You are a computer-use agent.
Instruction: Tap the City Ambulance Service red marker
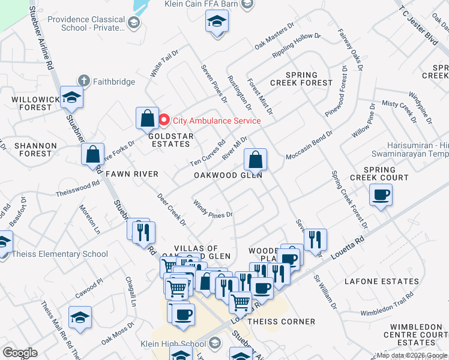165,121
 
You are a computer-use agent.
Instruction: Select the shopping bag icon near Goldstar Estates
147,119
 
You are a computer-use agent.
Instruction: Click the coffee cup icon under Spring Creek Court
381,195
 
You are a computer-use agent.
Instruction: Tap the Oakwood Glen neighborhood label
228,175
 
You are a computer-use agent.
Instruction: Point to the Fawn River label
131,174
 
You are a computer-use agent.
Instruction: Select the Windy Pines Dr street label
212,210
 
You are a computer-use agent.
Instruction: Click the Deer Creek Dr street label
172,209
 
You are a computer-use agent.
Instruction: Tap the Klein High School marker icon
216,343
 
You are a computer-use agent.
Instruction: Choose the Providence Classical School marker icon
134,23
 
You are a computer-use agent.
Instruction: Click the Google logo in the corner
20,352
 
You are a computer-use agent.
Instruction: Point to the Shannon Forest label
36,149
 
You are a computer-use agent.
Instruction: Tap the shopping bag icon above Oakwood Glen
255,160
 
